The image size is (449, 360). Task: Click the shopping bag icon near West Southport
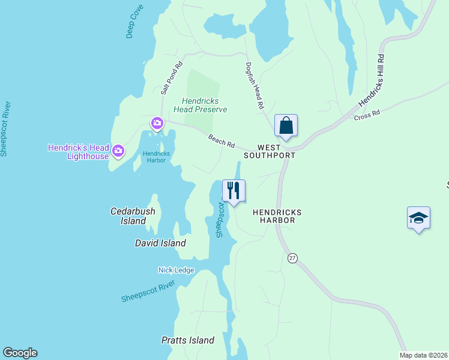pos(286,126)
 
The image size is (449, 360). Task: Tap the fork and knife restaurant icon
pos(234,191)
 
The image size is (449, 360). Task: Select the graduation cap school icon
pos(418,218)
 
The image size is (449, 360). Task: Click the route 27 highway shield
pos(292,257)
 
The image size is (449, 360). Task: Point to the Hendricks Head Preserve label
pos(200,106)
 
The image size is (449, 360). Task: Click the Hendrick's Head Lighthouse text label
pos(79,152)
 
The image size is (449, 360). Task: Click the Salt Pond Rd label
pos(171,78)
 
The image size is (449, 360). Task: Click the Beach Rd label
pos(221,141)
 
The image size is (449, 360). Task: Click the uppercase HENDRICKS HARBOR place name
pos(277,216)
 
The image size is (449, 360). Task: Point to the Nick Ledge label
pos(176,270)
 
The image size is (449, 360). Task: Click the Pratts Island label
pos(188,340)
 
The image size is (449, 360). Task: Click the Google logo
pos(20,353)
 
